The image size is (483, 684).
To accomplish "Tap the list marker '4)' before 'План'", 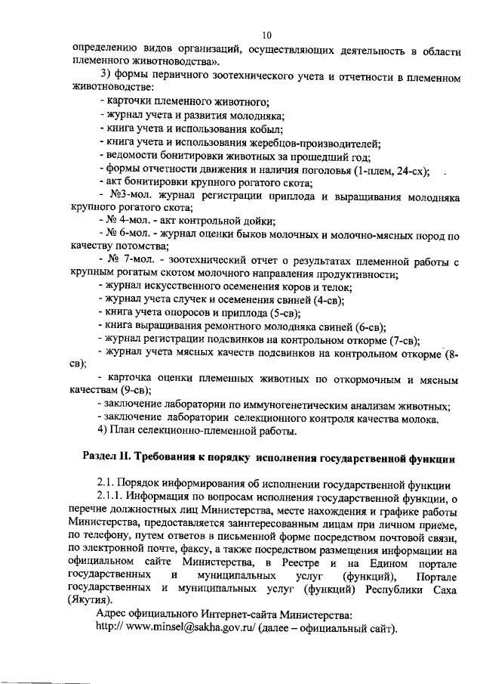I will click(x=105, y=432).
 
